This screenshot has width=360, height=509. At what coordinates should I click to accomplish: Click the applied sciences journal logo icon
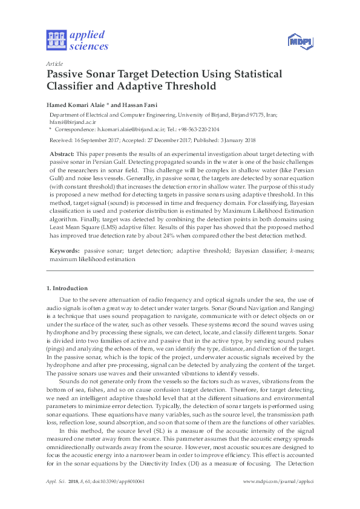[55, 40]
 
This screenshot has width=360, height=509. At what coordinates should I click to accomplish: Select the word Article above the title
[53, 63]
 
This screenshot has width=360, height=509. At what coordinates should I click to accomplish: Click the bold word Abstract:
[62, 155]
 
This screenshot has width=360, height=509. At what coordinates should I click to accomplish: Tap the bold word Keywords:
[65, 250]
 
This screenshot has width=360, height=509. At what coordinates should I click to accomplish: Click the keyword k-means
[299, 250]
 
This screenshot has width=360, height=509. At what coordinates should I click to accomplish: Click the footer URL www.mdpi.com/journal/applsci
[278, 481]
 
